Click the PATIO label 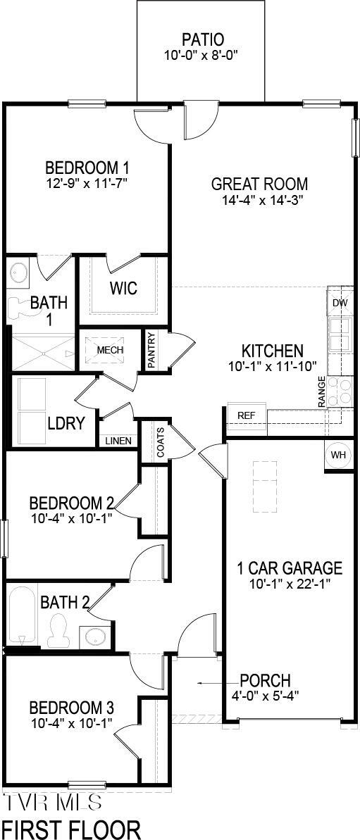203,39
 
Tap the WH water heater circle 339,455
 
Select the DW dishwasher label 340,303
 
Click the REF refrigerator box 246,415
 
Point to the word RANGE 322,392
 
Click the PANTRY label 151,350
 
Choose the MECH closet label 110,350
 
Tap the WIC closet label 123,289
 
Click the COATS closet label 161,442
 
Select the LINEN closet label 118,441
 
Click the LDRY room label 66,423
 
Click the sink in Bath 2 95,637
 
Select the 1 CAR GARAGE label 290,568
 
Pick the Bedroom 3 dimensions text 70,723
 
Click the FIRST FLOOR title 70,828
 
